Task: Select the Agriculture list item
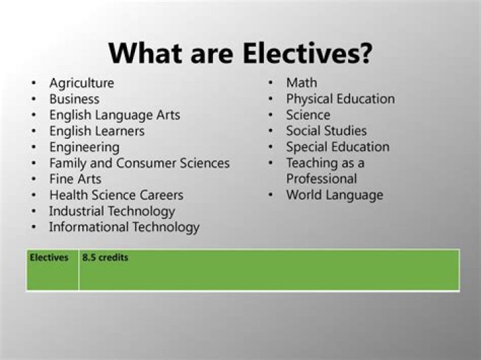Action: (x=82, y=83)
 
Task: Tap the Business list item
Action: (x=74, y=100)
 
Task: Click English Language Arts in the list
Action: (x=114, y=116)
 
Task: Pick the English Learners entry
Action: (x=97, y=132)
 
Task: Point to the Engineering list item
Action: (x=84, y=148)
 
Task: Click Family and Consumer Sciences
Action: (x=139, y=164)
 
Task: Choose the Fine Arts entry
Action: (x=75, y=180)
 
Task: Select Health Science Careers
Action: (x=116, y=196)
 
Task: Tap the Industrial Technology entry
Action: (x=112, y=212)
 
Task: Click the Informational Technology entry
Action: (x=124, y=228)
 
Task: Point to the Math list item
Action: (x=301, y=83)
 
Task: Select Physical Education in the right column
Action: (x=340, y=100)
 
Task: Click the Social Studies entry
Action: (x=326, y=132)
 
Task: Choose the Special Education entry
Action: (x=337, y=148)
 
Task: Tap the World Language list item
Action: (x=334, y=196)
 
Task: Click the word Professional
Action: (x=321, y=180)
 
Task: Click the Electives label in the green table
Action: (x=49, y=257)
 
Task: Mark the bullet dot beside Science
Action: (x=271, y=116)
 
